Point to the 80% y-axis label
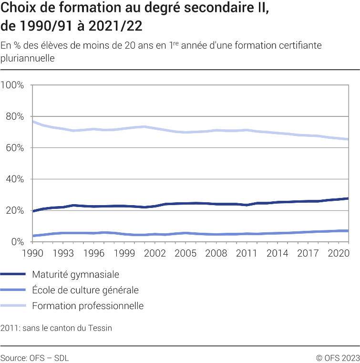click(14, 116)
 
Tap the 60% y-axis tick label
click(14, 148)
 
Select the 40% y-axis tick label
click(14, 179)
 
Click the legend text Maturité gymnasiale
click(75, 274)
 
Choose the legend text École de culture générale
click(85, 290)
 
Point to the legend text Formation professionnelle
click(88, 306)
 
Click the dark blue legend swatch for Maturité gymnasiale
click(13, 274)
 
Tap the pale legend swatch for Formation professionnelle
click(13, 306)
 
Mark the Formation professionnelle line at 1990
click(32, 121)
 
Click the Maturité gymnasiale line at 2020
click(339, 199)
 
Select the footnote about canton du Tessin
click(56, 328)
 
